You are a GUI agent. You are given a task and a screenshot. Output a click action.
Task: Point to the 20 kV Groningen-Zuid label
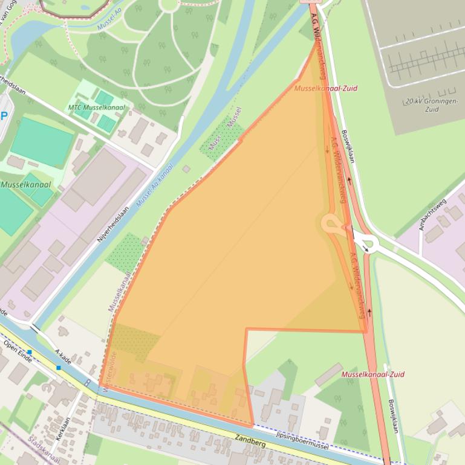(x=432, y=105)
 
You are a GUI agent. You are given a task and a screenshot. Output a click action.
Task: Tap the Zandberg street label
(x=251, y=443)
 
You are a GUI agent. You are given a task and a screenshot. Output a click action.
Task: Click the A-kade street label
(x=63, y=357)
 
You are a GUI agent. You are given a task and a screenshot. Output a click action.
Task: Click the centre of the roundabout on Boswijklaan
(x=365, y=243)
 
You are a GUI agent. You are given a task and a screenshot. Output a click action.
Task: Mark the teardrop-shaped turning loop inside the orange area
(x=331, y=225)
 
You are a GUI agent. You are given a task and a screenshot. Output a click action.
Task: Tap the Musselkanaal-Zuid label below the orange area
(x=372, y=374)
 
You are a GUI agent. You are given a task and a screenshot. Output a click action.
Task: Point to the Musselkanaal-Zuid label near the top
(x=325, y=88)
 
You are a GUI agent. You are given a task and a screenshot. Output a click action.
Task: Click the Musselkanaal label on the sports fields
(x=25, y=185)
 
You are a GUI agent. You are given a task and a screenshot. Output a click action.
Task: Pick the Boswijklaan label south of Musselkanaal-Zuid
(x=394, y=416)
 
